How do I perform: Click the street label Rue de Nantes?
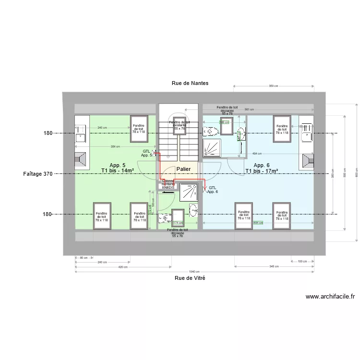click(190, 83)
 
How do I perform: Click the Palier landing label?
click(183, 169)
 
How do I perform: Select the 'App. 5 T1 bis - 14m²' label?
click(117, 168)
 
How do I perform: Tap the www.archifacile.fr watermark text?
click(330, 297)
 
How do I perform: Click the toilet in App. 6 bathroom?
click(210, 131)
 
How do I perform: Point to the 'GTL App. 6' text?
click(212, 190)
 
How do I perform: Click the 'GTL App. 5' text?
click(146, 153)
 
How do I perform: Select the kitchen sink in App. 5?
click(80, 134)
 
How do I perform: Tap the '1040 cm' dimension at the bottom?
click(194, 272)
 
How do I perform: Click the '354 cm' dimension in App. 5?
click(115, 146)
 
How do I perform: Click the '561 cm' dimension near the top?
click(249, 109)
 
